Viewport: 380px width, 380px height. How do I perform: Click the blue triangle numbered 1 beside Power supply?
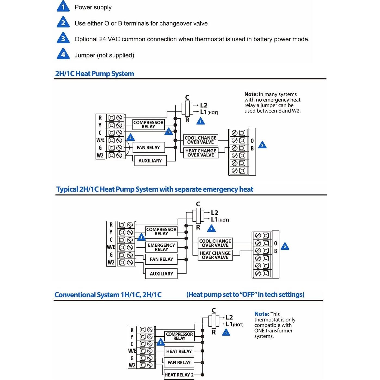point(63,7)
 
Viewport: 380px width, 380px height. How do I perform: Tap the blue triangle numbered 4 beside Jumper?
point(63,54)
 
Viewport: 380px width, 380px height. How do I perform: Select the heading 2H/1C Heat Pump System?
point(94,74)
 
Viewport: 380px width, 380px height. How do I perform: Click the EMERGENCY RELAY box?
point(161,247)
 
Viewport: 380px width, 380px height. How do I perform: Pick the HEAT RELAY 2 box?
point(179,375)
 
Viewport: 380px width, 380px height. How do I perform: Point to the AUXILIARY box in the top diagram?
point(150,161)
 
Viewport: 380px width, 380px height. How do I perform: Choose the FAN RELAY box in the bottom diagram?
point(179,363)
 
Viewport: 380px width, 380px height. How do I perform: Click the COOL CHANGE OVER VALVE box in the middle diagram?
point(215,243)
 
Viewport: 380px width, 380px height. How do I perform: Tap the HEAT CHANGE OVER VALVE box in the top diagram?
point(201,153)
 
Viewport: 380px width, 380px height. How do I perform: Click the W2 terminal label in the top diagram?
point(100,155)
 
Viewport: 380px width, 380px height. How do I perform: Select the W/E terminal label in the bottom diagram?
point(132,351)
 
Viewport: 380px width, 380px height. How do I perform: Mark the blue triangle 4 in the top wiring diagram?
point(130,137)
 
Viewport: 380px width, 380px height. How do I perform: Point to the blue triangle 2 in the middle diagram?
point(285,247)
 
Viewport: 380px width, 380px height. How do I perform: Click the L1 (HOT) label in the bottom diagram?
point(234,324)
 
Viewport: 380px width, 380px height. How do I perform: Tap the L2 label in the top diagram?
point(204,105)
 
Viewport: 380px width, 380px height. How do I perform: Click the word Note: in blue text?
point(262,314)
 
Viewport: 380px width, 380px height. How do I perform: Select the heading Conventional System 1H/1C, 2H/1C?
point(108,295)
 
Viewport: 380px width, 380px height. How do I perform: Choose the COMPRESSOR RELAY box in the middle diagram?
point(161,231)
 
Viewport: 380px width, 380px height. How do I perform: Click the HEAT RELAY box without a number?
point(179,351)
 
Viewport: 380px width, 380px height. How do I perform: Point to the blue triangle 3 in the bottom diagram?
point(161,342)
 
